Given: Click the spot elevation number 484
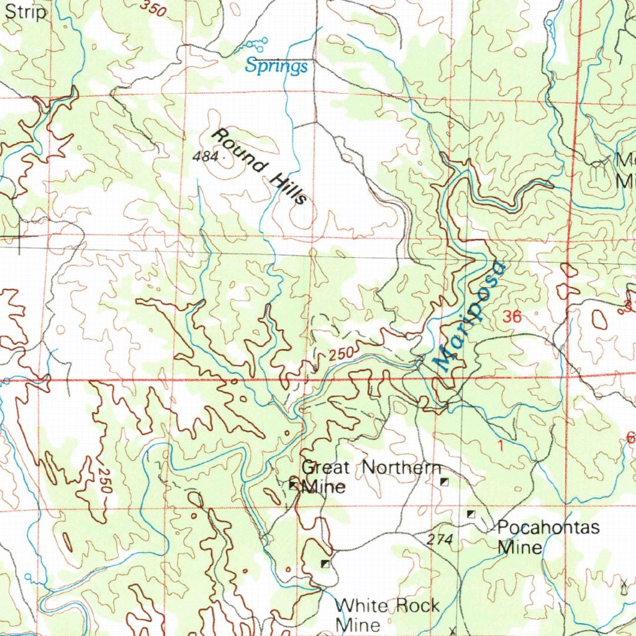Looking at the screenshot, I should pos(206,157).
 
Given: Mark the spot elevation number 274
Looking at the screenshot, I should pos(440,541).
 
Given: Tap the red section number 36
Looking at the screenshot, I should pos(512,317).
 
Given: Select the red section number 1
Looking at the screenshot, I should pos(501,445).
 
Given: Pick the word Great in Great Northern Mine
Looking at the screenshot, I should pos(325,468).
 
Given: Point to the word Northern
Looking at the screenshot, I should pos(401,468).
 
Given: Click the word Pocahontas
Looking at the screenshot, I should pos(548,528).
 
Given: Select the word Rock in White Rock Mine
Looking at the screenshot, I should pos(416,606).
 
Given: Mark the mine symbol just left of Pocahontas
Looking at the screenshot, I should pos(471,514).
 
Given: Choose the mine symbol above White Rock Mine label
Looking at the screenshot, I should pos(325,563).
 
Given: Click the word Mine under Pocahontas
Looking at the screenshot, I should pos(520,548).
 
